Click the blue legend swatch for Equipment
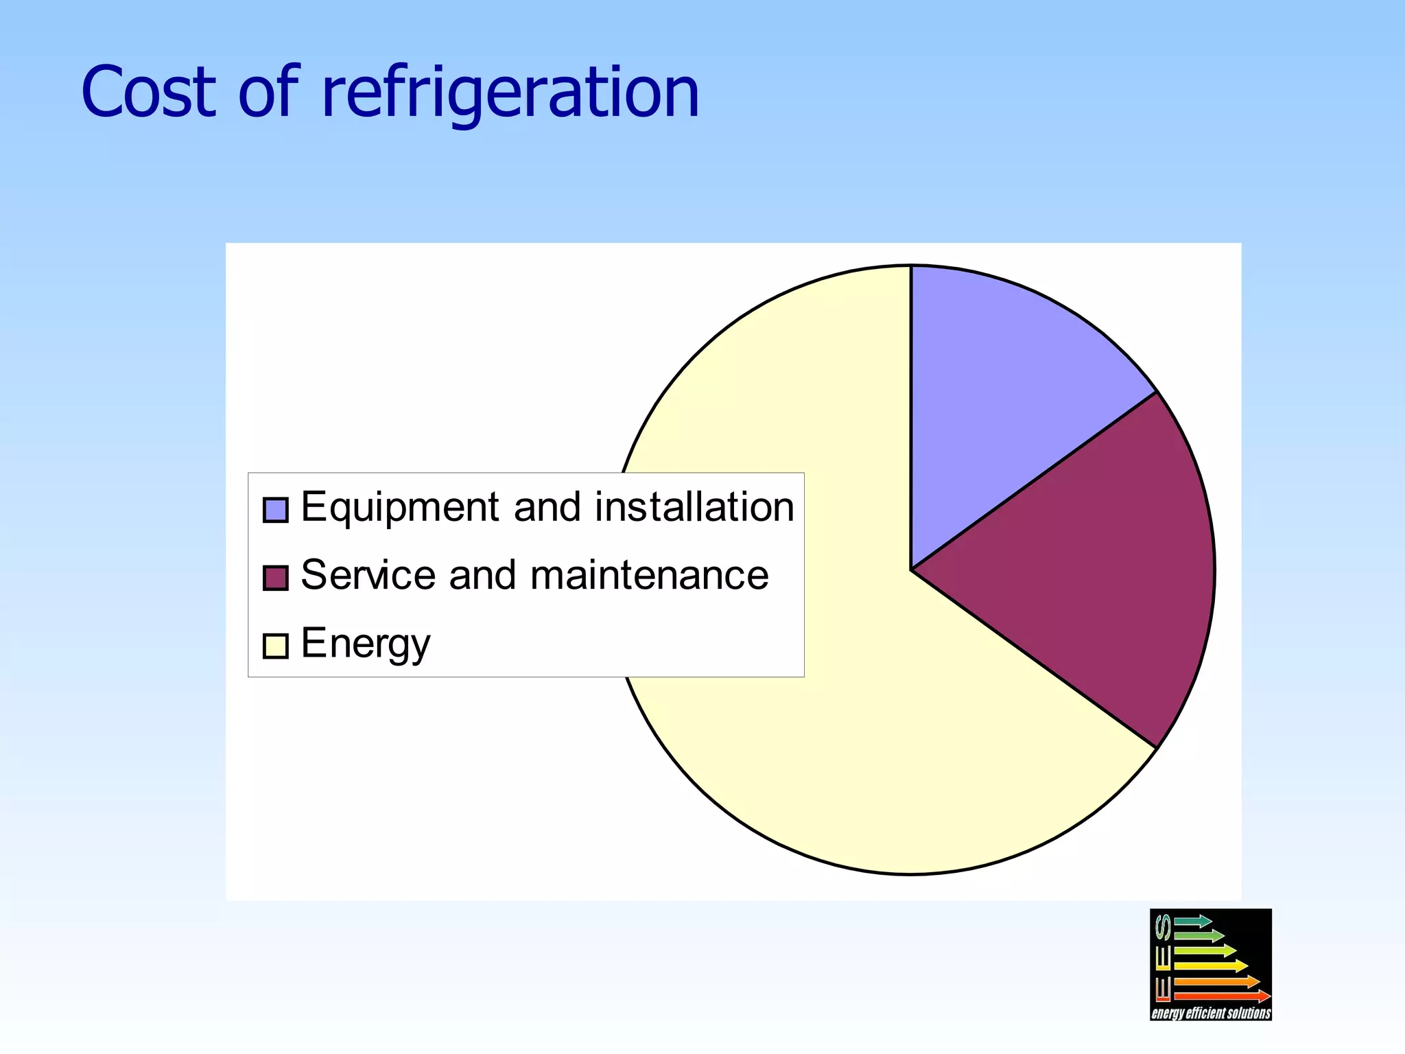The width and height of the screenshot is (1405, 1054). click(x=275, y=510)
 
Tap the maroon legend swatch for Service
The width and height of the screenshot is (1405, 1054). click(x=275, y=577)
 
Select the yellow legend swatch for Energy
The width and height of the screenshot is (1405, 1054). click(x=275, y=646)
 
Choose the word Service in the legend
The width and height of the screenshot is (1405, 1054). click(x=368, y=575)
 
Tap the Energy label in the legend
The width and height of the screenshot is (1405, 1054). click(x=365, y=644)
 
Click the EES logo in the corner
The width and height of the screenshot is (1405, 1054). click(x=1210, y=964)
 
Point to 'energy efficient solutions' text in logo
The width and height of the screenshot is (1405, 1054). click(x=1210, y=1013)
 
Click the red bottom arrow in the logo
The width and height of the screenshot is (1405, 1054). click(x=1221, y=996)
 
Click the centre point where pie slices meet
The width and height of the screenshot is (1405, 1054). click(x=911, y=570)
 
